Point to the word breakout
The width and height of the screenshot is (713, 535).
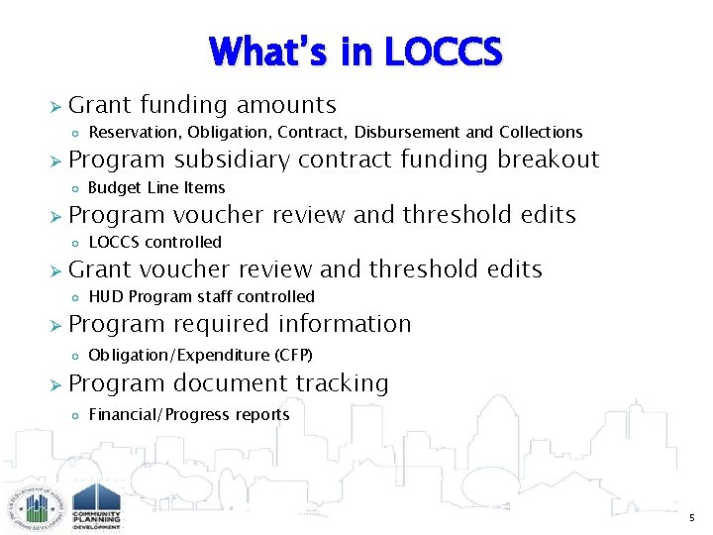[549, 160]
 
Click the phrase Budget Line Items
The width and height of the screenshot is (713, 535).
[156, 187]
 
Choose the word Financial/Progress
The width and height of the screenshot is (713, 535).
[160, 414]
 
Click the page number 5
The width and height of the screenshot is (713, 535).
[692, 518]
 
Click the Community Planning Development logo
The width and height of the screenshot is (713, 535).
[97, 505]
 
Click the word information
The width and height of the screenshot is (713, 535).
[346, 324]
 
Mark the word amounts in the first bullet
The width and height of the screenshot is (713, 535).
[288, 105]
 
